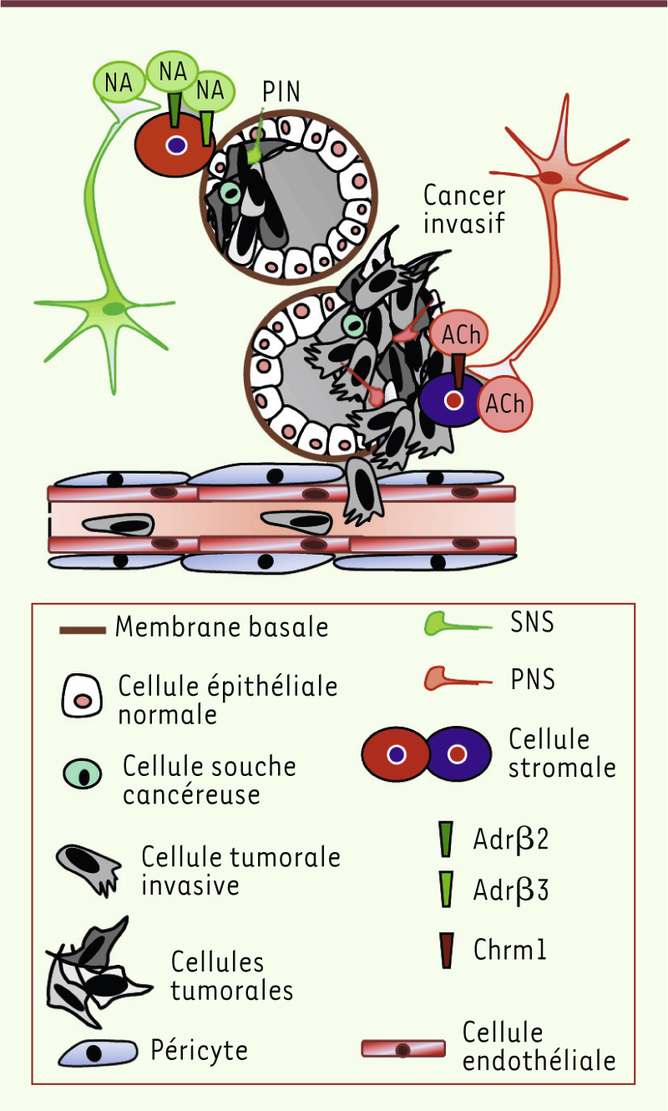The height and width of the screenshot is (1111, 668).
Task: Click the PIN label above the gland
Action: [x=281, y=91]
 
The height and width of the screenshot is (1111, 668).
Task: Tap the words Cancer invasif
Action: [x=464, y=209]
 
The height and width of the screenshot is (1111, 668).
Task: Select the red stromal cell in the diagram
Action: [x=175, y=145]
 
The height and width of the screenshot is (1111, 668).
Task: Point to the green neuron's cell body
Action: [x=114, y=309]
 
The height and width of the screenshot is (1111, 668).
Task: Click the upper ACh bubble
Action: [x=459, y=334]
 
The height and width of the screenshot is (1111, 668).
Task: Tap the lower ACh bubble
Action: [x=505, y=403]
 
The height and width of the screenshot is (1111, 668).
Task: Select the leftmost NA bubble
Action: [x=119, y=83]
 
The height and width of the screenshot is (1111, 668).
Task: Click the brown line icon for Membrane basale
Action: [x=83, y=631]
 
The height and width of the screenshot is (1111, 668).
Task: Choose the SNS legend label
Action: [x=532, y=622]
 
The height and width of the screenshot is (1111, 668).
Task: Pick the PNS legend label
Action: [x=533, y=679]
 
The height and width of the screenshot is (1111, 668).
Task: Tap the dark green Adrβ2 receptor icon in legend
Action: [x=445, y=839]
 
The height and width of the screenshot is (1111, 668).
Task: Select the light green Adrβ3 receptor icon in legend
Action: [x=445, y=890]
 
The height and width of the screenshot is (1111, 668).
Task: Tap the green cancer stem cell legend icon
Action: [x=83, y=774]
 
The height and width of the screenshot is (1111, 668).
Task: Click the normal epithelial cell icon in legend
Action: [x=82, y=695]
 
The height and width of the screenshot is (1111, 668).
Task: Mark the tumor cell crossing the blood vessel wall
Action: [x=363, y=490]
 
